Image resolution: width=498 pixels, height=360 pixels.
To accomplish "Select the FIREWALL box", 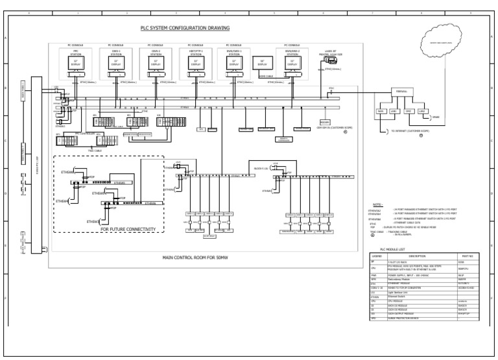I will click(400, 91).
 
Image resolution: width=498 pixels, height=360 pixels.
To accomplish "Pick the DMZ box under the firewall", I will click(409, 112).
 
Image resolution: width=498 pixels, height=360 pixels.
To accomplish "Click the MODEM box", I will click(325, 121).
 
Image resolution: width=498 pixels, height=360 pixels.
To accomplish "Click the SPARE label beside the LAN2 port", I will click(436, 117).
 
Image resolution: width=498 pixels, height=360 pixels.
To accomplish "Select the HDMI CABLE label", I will click(266, 75).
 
